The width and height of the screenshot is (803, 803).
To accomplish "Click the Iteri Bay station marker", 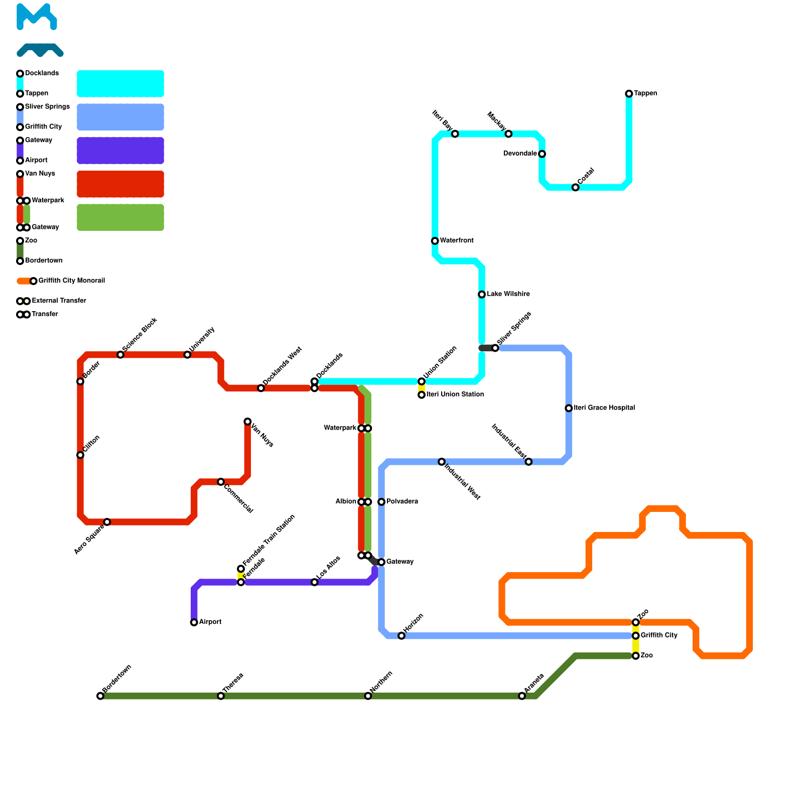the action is click(x=455, y=134).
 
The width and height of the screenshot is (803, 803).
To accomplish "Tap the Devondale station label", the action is click(x=519, y=154).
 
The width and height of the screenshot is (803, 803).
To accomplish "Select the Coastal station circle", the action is click(x=576, y=188).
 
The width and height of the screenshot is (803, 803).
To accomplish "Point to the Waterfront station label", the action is click(x=457, y=241).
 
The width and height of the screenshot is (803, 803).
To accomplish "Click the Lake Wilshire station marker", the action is click(x=482, y=295).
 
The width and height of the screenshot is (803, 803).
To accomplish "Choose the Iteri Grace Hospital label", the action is click(x=604, y=408).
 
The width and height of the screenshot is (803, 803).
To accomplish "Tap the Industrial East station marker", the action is click(x=528, y=462).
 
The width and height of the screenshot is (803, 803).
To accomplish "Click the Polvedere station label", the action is click(x=402, y=502).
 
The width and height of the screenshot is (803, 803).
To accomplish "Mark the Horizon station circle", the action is click(x=401, y=636).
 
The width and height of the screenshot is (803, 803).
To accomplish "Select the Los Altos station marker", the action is click(x=315, y=582).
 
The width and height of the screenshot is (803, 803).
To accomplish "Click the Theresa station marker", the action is click(x=221, y=696).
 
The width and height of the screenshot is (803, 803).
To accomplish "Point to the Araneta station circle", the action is click(x=522, y=696).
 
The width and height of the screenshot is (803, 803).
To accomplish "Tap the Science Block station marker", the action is click(x=120, y=355).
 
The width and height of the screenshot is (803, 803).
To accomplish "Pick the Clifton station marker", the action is click(x=80, y=455).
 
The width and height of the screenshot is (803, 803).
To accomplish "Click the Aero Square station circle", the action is click(x=107, y=522).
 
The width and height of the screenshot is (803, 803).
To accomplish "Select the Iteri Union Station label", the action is click(x=455, y=394).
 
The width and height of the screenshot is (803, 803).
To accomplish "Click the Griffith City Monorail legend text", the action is click(x=71, y=281).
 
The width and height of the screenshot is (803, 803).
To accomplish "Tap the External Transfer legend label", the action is click(x=59, y=301).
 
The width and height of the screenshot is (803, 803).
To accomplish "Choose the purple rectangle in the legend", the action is click(x=120, y=151).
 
